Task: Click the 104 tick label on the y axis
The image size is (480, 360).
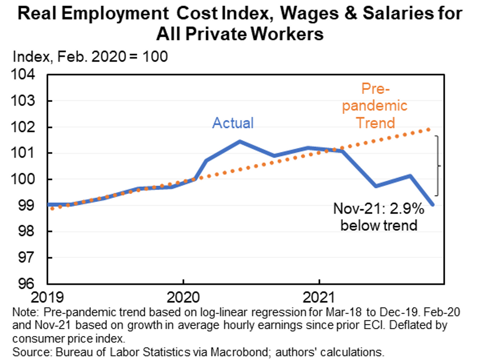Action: pos(23,74)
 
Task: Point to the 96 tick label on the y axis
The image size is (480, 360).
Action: pos(26,283)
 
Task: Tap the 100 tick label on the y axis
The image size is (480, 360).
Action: pos(23,179)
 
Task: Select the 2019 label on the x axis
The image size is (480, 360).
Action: pos(47,297)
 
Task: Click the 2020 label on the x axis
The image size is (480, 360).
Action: pos(183,297)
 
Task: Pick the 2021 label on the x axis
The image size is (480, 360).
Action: pos(319,297)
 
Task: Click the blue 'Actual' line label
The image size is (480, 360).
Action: pos(233,123)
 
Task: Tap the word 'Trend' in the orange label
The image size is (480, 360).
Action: pos(375,123)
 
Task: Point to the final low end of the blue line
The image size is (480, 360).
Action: pos(433,204)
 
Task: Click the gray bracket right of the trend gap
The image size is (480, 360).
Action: pos(437,165)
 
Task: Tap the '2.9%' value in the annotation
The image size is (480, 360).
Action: pos(407,208)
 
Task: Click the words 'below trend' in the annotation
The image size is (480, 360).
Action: pos(379,225)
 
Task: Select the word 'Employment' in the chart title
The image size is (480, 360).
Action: pos(115,13)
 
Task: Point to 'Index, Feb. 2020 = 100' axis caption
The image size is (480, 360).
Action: pos(90,57)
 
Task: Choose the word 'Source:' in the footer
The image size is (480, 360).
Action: pos(32,352)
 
